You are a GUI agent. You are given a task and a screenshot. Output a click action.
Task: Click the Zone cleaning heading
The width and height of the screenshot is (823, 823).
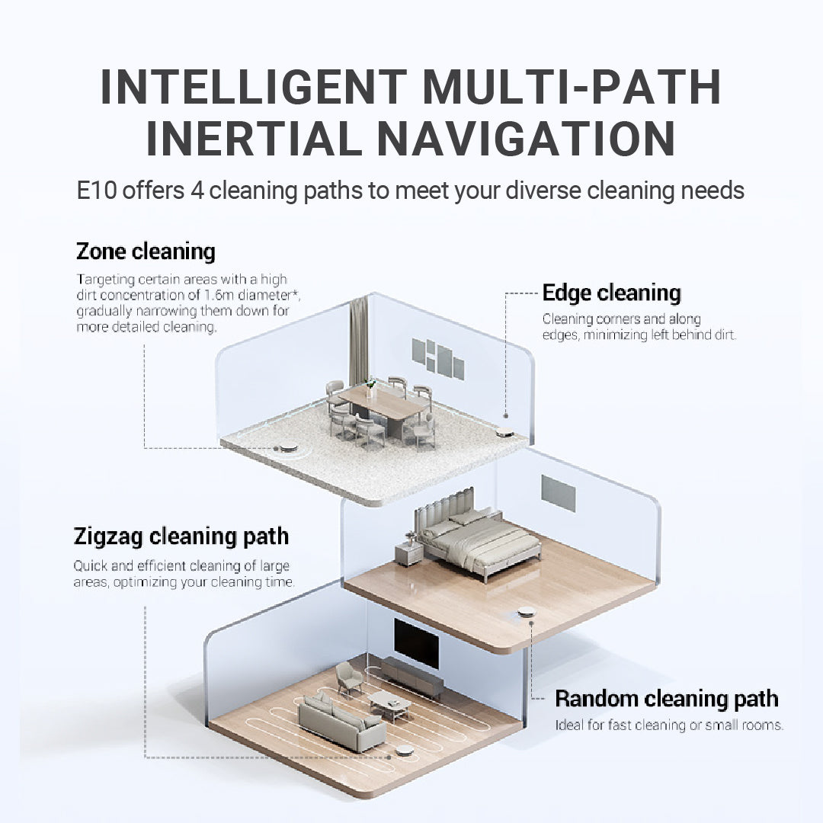pos(146,251)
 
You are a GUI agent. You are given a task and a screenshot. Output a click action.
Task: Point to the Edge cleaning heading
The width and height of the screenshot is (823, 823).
pos(611,293)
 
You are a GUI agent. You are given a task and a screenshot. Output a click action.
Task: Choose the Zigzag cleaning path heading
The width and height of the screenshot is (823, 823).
pos(181,536)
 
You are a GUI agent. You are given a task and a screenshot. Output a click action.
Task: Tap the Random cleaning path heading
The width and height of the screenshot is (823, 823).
pos(666,698)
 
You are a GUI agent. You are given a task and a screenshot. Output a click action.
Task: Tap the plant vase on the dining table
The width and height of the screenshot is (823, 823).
pos(370,385)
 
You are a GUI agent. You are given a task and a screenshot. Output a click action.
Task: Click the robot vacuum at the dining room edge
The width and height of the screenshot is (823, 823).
pos(504,433)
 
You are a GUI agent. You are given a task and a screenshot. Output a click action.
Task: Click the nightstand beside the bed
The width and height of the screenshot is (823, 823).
pos(408,552)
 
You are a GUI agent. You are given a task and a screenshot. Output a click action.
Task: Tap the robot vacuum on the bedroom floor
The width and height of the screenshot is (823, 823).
pos(525,611)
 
